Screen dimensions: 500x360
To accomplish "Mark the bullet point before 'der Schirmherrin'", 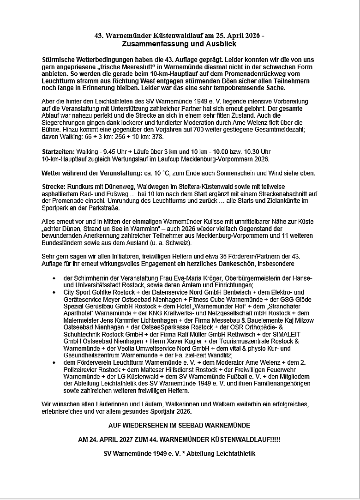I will point(54,279).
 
